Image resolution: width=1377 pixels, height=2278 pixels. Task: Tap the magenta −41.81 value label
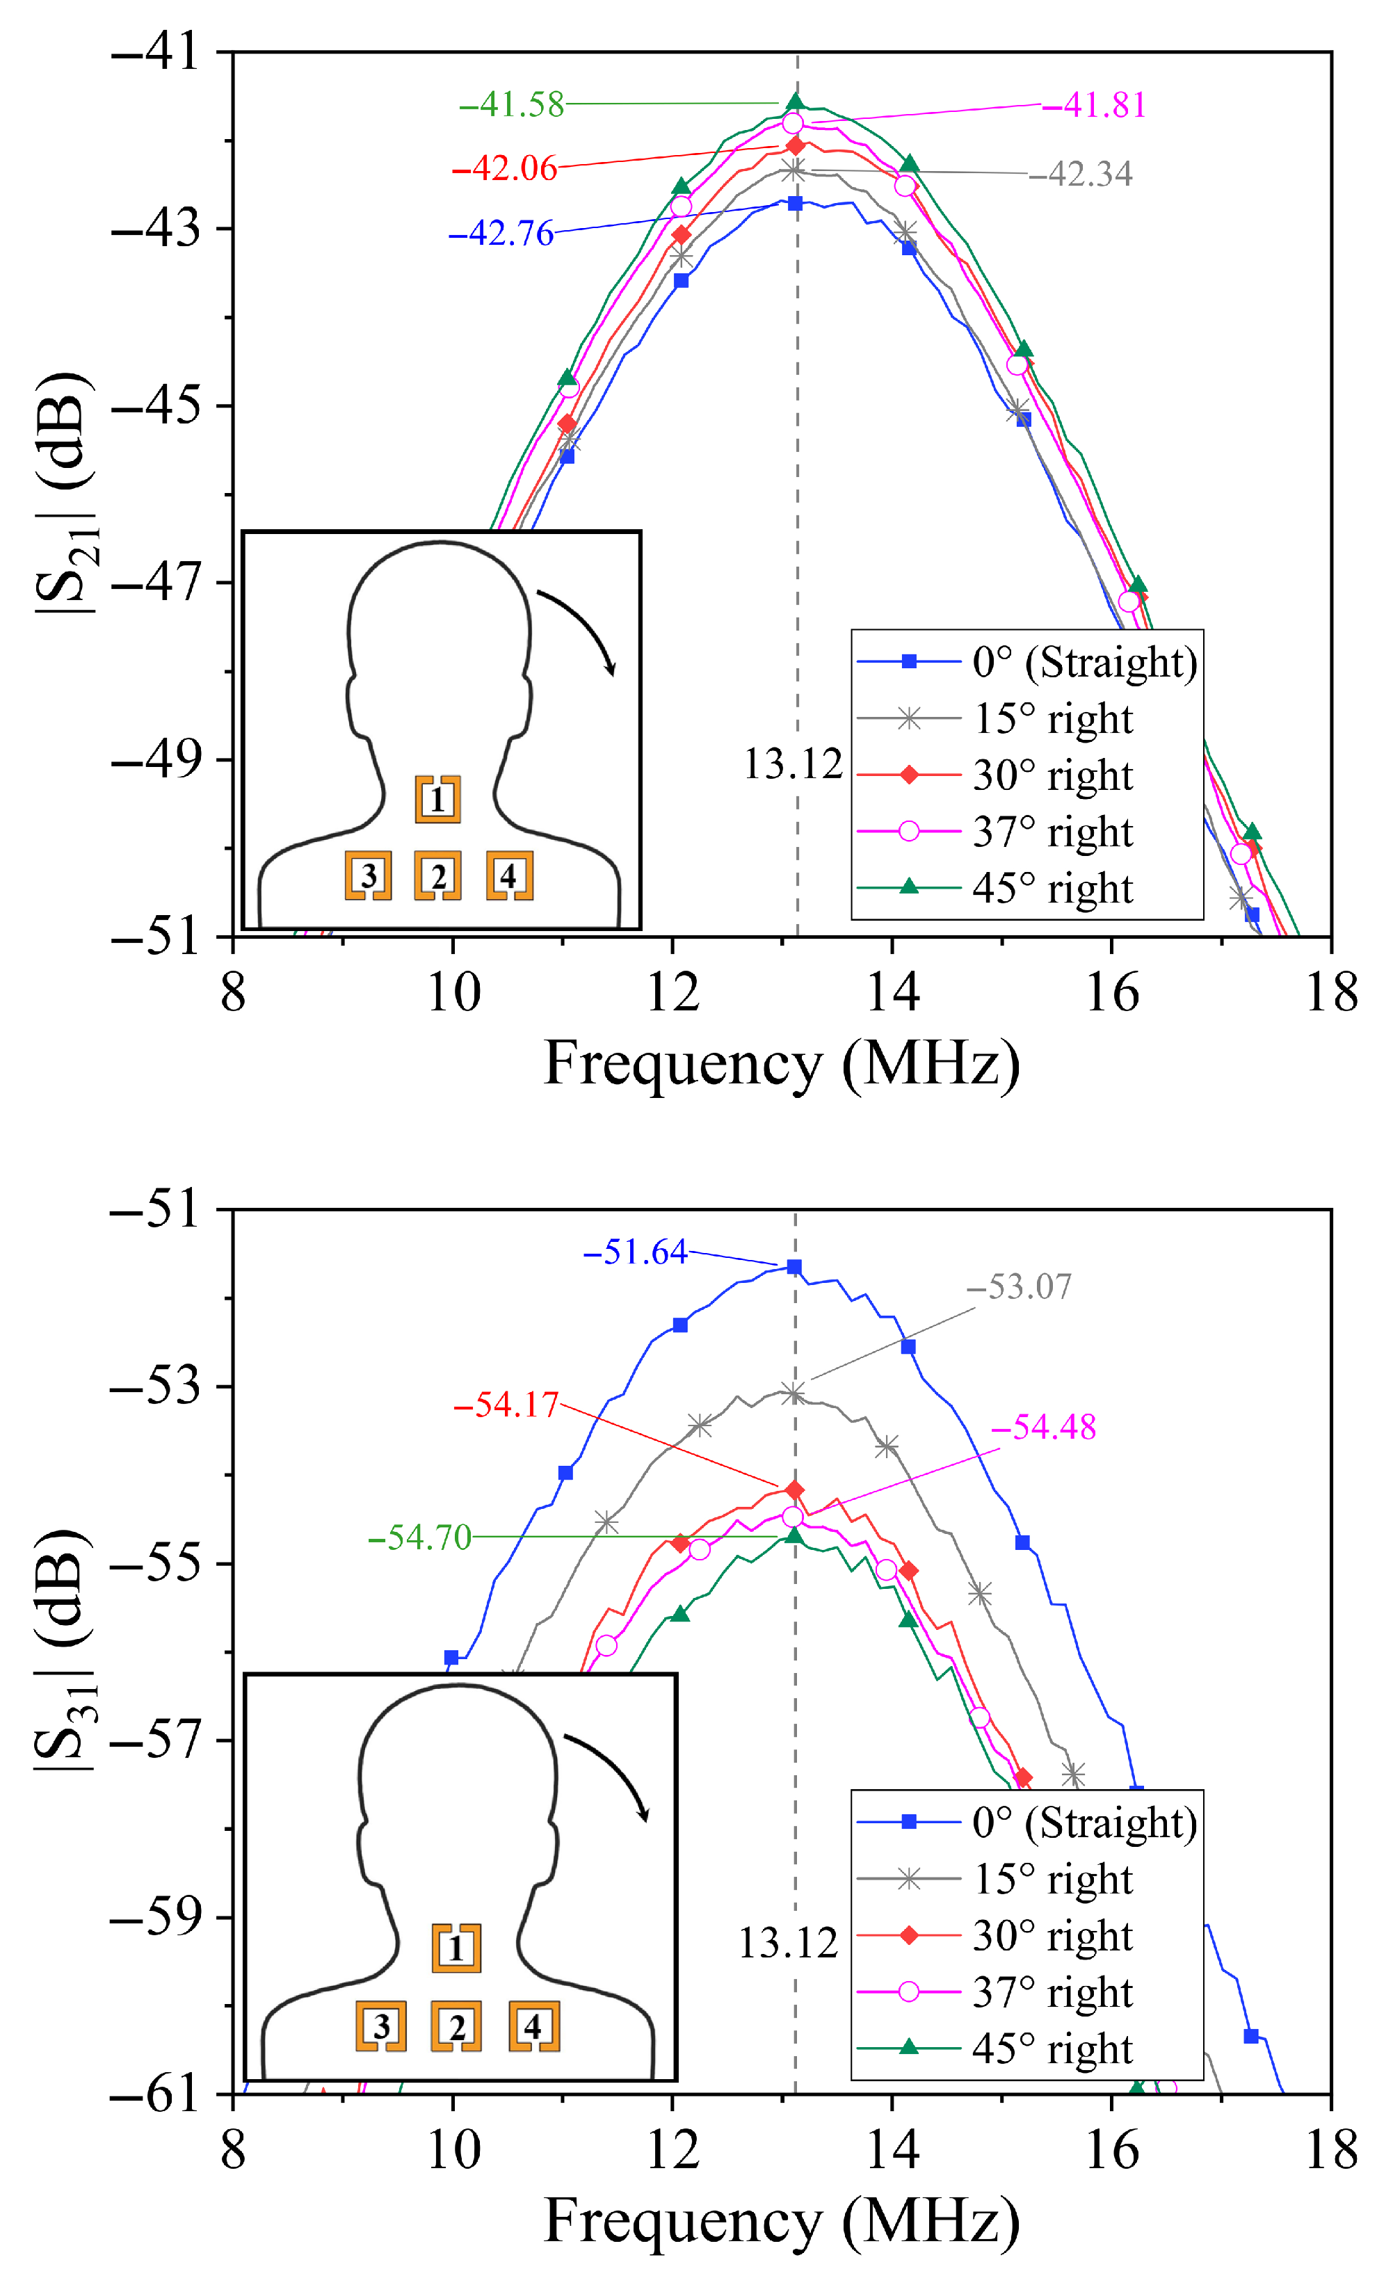pos(1094,106)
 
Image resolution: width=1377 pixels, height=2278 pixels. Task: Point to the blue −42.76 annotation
pos(501,234)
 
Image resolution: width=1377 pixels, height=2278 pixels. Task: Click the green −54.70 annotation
pos(420,1537)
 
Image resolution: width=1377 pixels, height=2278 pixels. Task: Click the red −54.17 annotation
pos(507,1405)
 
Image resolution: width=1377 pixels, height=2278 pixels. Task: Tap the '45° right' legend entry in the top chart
pos(1052,889)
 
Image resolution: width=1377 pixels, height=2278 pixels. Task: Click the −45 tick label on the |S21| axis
pos(155,406)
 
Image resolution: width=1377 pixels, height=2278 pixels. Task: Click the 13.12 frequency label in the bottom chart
pos(788,1944)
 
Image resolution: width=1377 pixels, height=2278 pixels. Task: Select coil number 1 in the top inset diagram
pos(437,799)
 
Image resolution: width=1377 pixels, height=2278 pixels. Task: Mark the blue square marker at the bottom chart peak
pos(794,1266)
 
